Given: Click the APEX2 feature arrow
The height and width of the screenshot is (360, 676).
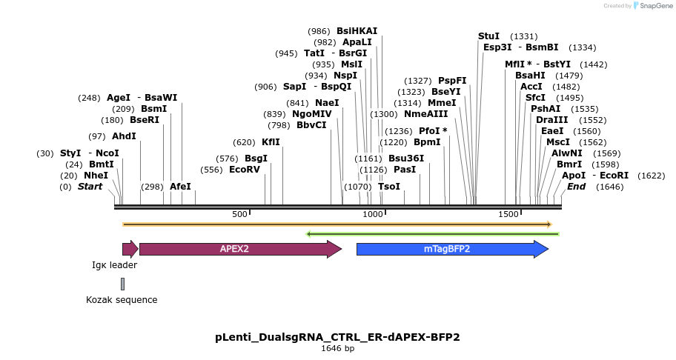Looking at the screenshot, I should (x=234, y=249).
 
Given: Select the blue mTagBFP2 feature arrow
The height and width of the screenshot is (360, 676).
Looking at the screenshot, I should (x=447, y=249).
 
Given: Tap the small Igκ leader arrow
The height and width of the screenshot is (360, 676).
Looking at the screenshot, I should (x=129, y=249).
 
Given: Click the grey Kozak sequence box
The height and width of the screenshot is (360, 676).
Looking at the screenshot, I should (x=122, y=284).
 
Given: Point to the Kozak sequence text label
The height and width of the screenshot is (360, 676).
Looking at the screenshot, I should (x=122, y=300).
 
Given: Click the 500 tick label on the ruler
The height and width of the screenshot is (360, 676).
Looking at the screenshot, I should (x=239, y=214).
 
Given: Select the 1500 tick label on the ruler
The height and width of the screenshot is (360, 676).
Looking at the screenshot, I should (x=508, y=214).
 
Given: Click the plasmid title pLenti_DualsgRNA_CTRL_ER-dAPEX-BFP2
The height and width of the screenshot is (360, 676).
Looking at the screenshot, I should (x=337, y=337).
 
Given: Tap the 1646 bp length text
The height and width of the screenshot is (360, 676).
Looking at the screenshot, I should (x=337, y=348).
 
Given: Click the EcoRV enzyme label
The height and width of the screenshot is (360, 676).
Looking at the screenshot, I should (x=245, y=170).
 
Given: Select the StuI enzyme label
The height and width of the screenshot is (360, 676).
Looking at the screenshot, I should (x=488, y=36).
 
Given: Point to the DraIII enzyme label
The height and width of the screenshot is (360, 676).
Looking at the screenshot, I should (x=551, y=120).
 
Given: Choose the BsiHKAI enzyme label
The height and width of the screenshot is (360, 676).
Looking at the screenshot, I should (x=357, y=31).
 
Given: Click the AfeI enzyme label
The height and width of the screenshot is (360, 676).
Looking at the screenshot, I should (x=180, y=187).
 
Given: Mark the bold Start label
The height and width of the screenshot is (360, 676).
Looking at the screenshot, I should (x=90, y=187).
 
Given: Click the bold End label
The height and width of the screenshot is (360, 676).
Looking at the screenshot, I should (x=576, y=187).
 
